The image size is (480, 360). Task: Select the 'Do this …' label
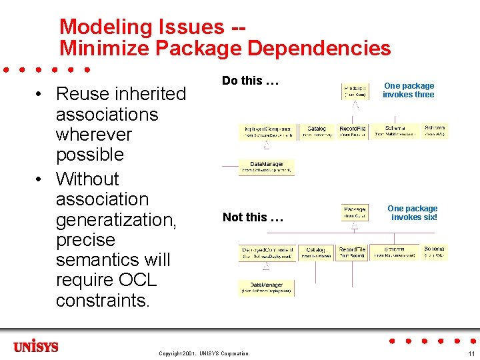click(x=249, y=81)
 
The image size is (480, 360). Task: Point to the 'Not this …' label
click(x=253, y=217)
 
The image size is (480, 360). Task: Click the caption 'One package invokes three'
click(x=409, y=90)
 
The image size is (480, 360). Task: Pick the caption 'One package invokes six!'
click(x=413, y=213)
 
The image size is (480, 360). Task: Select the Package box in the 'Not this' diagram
click(x=356, y=212)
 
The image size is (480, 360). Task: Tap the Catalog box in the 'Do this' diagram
click(x=317, y=131)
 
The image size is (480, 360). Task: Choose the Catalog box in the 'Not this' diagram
click(x=317, y=253)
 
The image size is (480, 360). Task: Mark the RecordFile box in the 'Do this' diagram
click(x=353, y=131)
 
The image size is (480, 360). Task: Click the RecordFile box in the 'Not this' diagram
click(x=352, y=253)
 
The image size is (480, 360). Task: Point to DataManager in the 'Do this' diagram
click(x=267, y=167)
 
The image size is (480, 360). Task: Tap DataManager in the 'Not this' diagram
click(x=267, y=287)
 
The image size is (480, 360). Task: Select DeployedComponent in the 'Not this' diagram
click(x=267, y=253)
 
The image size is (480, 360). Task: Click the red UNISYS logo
click(x=35, y=347)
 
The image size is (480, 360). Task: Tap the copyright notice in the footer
click(x=204, y=353)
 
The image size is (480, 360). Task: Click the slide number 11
click(x=471, y=353)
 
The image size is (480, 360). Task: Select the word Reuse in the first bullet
click(x=84, y=94)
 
